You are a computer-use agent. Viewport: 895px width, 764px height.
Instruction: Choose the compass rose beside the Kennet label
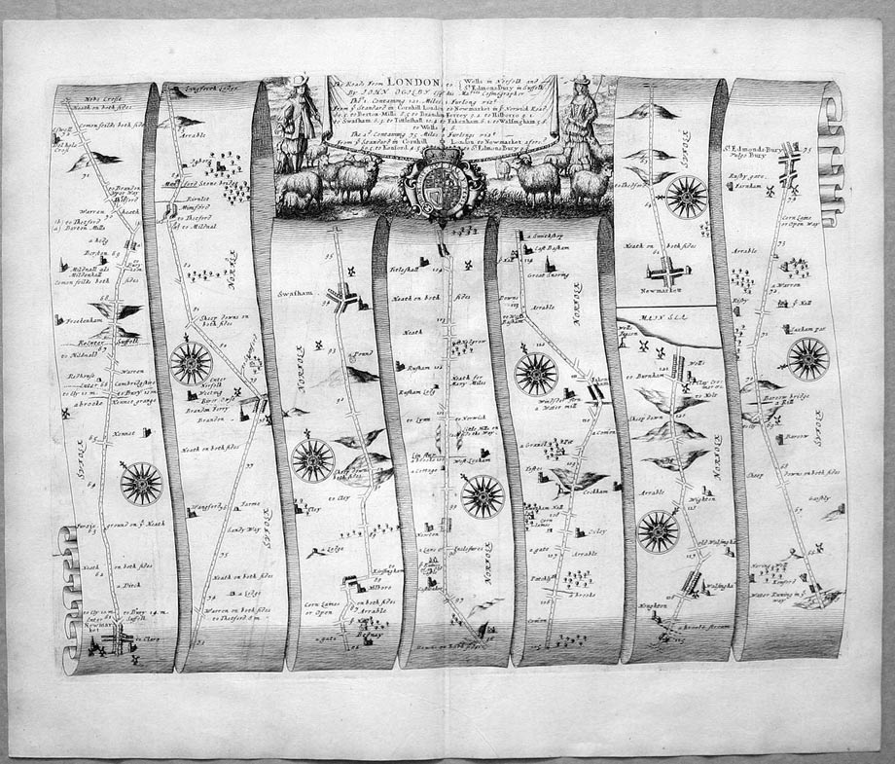click(141, 482)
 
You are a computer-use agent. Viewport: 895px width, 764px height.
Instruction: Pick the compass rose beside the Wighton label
click(658, 530)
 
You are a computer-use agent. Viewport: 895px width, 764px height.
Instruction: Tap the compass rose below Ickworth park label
click(808, 359)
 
